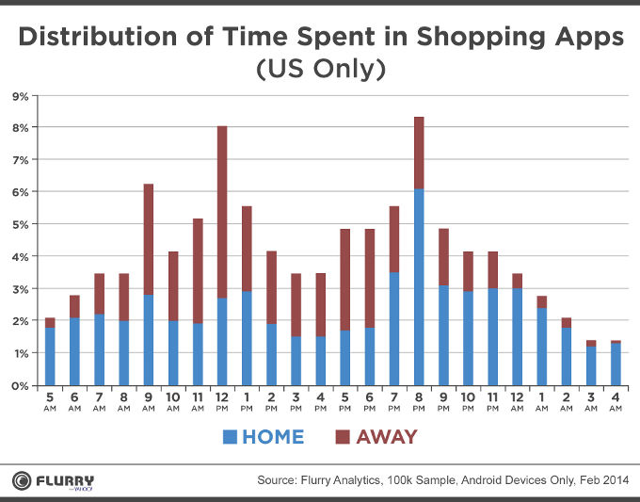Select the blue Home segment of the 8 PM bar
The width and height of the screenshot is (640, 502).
(418, 287)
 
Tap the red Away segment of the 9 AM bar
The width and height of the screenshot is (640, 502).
(149, 239)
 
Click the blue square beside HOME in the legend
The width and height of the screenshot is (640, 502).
(230, 437)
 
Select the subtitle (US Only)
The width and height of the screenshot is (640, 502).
(320, 71)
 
